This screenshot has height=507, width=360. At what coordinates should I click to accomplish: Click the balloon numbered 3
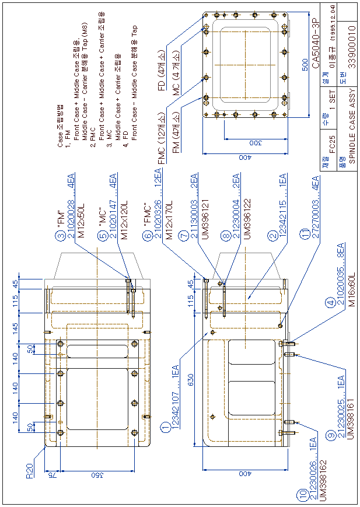coord(60,236)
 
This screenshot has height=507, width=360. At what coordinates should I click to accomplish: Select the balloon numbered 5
coord(102,236)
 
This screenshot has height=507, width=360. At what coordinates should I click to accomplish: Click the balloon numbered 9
coord(331,436)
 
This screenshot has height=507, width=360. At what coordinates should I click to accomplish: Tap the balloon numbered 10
coord(302,495)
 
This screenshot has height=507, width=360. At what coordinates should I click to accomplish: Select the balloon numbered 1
coord(166,429)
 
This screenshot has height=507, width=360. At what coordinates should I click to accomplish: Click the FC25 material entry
coord(332,142)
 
